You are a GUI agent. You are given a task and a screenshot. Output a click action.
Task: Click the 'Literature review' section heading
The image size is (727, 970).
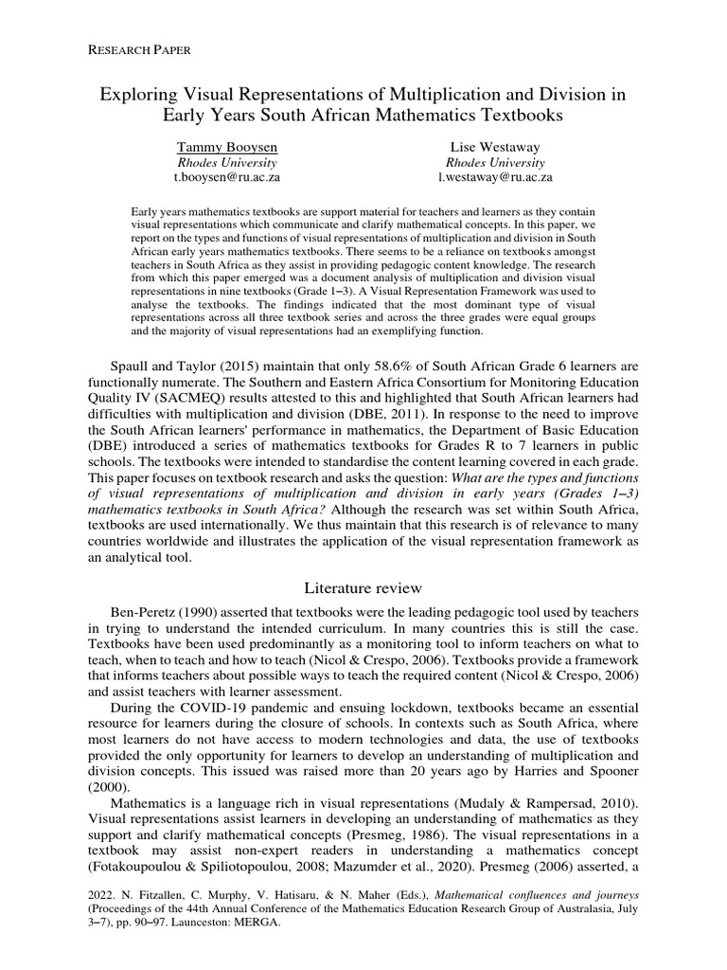[x=363, y=588]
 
